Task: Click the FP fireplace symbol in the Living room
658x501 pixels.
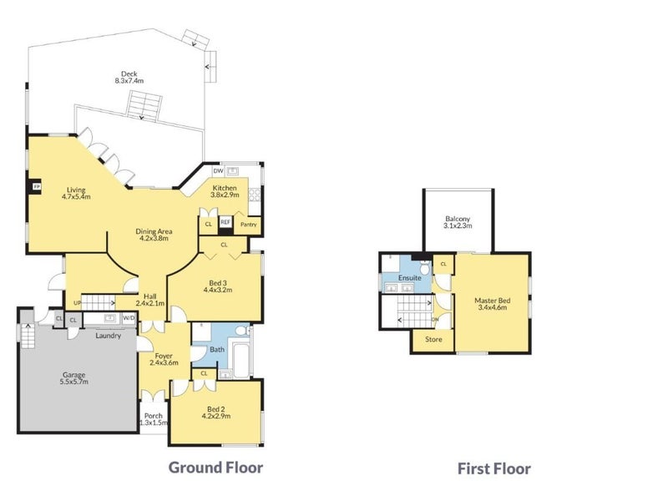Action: tap(37, 187)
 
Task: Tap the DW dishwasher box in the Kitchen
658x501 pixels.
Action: tap(218, 171)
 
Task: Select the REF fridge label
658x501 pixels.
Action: tap(225, 222)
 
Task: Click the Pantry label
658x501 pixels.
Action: tap(249, 225)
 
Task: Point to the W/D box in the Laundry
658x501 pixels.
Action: tap(129, 318)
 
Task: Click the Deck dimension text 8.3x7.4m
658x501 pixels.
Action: tap(129, 80)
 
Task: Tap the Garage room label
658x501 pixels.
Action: tap(73, 375)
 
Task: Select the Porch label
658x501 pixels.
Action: tap(153, 416)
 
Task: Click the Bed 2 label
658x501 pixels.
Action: tap(216, 409)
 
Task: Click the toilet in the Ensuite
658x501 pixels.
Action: tap(425, 267)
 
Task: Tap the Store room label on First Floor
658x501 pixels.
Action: tap(433, 339)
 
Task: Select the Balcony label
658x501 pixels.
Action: tap(458, 219)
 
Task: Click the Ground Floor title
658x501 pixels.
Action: tap(215, 468)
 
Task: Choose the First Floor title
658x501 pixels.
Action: tap(494, 468)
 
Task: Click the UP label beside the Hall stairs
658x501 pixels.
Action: tap(77, 302)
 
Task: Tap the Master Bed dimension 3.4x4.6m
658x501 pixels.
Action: tap(492, 307)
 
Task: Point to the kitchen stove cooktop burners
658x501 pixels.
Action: tap(255, 195)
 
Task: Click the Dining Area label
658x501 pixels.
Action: tap(154, 231)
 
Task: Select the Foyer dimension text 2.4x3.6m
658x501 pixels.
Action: tap(164, 362)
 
